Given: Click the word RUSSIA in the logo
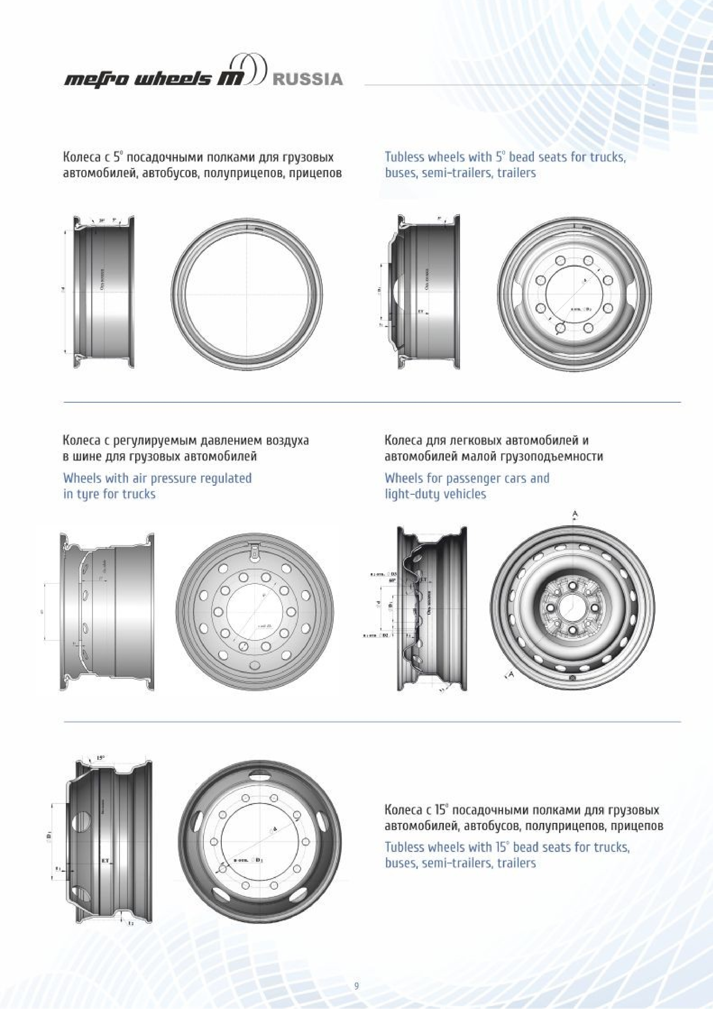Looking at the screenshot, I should coord(307,80).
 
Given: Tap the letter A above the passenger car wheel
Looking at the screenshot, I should coord(575,513).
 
